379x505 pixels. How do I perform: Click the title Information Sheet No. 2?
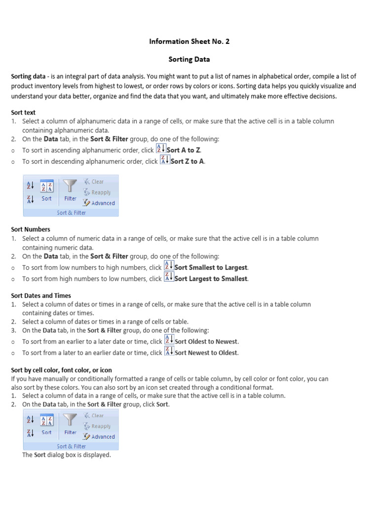pyautogui.click(x=189, y=41)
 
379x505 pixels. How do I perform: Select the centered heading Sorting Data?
pyautogui.click(x=189, y=59)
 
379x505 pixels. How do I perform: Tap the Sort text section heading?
pyautogui.click(x=23, y=112)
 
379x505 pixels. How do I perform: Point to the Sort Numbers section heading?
pyautogui.click(x=31, y=229)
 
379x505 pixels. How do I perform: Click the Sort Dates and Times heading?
pyautogui.click(x=41, y=295)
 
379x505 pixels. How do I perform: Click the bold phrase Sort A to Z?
pyautogui.click(x=184, y=150)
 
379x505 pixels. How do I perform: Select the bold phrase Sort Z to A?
pyautogui.click(x=187, y=161)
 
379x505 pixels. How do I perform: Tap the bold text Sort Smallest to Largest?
pyautogui.click(x=211, y=267)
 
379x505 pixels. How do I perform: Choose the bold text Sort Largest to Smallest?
pyautogui.click(x=211, y=279)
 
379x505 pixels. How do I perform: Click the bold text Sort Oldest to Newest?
pyautogui.click(x=206, y=341)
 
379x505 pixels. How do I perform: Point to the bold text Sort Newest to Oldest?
pyautogui.click(x=206, y=353)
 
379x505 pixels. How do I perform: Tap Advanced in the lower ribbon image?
pyautogui.click(x=103, y=436)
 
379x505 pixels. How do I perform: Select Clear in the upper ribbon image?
pyautogui.click(x=97, y=181)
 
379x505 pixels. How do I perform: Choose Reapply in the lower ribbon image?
pyautogui.click(x=101, y=426)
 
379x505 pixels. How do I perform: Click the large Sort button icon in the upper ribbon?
pyautogui.click(x=46, y=187)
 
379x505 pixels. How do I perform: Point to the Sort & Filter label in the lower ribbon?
pyautogui.click(x=71, y=446)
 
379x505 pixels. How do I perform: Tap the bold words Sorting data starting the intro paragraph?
pyautogui.click(x=28, y=76)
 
